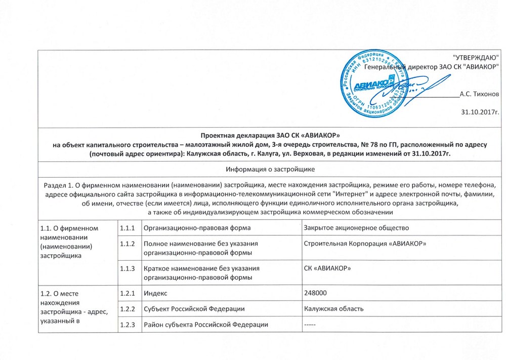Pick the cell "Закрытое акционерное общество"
coord(356,228)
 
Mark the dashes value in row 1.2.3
coord(309,324)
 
